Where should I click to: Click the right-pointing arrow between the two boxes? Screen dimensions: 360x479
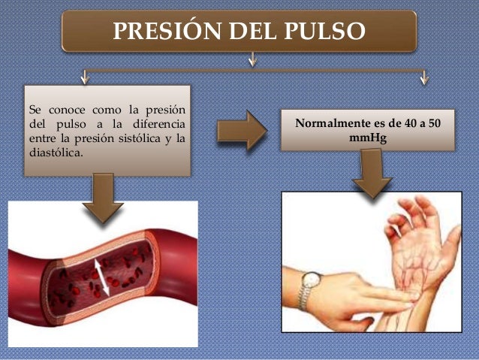tap(240, 131)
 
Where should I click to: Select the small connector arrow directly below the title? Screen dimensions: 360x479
tap(254, 59)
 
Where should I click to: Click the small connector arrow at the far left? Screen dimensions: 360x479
tap(84, 76)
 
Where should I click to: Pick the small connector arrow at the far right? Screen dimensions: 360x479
tap(425, 76)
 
